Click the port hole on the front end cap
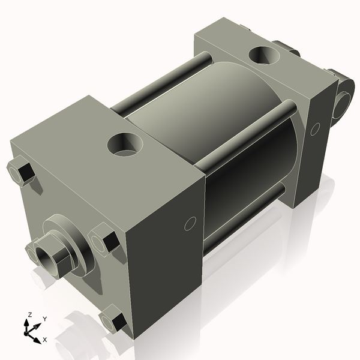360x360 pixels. tap(125, 145)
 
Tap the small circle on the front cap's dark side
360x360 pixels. tap(189, 224)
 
